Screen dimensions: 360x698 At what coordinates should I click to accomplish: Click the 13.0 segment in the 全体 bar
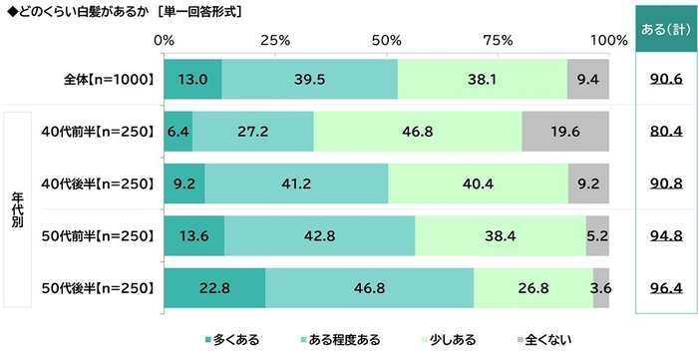point(191,79)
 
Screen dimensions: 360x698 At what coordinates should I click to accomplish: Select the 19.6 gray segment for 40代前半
point(564,131)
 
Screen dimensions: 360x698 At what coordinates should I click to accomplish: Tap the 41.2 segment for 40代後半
point(296,182)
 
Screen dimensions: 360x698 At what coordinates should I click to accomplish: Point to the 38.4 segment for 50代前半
point(500,235)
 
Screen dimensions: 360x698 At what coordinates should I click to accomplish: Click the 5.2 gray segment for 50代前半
point(597,235)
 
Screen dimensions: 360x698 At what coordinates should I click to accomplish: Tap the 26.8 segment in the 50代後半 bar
point(532,287)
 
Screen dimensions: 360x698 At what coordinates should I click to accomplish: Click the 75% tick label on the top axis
point(498,40)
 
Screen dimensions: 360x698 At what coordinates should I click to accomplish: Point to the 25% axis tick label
point(274,40)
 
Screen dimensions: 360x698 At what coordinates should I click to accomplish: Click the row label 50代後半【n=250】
point(97,287)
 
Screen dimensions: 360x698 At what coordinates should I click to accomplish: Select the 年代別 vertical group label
point(17,209)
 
